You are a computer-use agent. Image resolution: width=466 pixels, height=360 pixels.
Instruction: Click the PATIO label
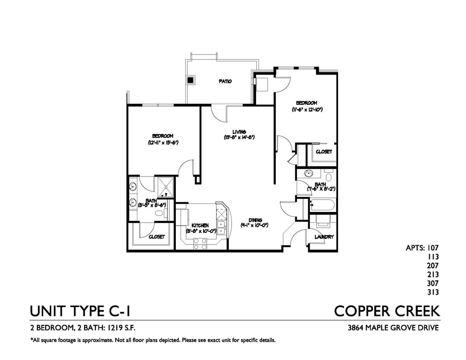pyautogui.click(x=225, y=81)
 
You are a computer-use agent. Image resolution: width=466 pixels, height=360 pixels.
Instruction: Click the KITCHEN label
pyautogui.click(x=200, y=225)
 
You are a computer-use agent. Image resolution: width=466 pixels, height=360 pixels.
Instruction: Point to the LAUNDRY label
pyautogui.click(x=324, y=237)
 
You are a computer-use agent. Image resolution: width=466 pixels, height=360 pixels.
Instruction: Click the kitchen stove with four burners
pyautogui.click(x=200, y=244)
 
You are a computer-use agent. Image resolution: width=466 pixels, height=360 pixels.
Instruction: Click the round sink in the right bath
pyautogui.click(x=308, y=174)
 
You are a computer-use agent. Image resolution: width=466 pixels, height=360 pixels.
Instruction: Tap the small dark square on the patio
pyautogui.click(x=191, y=79)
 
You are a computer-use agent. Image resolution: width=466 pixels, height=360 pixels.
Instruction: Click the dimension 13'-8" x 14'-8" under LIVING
pyautogui.click(x=239, y=137)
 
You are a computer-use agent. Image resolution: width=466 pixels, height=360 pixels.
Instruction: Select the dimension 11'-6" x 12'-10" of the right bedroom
pyautogui.click(x=307, y=110)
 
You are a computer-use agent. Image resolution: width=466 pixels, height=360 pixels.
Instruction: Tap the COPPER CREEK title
pyautogui.click(x=387, y=311)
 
